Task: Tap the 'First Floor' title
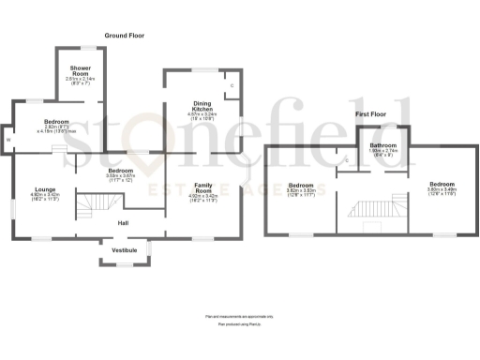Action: pos(373,113)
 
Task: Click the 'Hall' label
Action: pos(123,223)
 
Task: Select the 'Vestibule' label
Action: pos(125,250)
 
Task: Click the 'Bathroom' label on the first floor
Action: pos(383,146)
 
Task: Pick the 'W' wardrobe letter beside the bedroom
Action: pos(8,141)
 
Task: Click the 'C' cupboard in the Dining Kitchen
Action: pos(232,87)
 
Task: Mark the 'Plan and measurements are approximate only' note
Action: pos(240,317)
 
